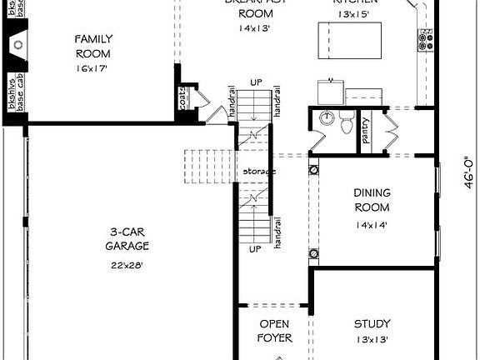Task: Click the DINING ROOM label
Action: [372, 200]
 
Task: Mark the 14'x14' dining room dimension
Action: [372, 224]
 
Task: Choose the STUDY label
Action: [372, 323]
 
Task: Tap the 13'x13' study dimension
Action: [372, 339]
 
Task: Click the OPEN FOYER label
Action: [274, 331]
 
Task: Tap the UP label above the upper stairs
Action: [256, 82]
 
